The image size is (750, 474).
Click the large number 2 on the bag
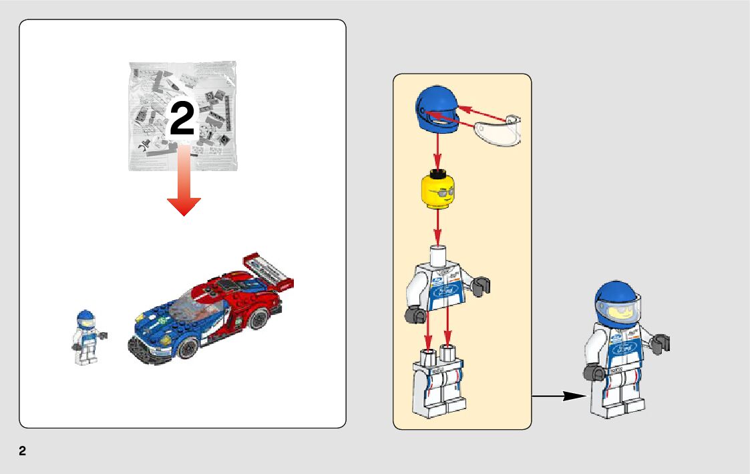point(182,120)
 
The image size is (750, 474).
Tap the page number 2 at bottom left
point(23,451)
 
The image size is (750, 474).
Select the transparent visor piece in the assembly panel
point(498,130)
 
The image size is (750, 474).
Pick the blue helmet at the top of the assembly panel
point(437,109)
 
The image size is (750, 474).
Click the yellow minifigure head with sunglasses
point(438,191)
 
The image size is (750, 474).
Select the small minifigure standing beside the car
point(85,337)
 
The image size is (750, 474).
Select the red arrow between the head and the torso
point(437,227)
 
